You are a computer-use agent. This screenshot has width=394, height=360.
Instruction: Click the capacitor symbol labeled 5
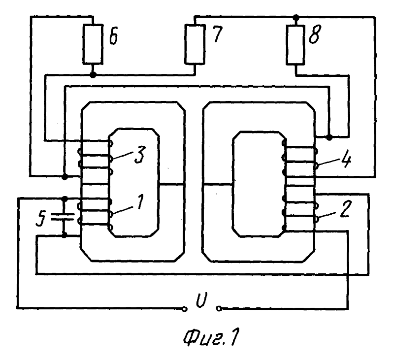click(65, 217)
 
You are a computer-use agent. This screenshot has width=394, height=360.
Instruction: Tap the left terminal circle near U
click(184, 309)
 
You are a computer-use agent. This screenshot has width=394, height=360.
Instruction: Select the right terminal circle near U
click(218, 309)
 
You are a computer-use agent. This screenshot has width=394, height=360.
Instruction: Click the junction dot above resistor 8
click(295, 17)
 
